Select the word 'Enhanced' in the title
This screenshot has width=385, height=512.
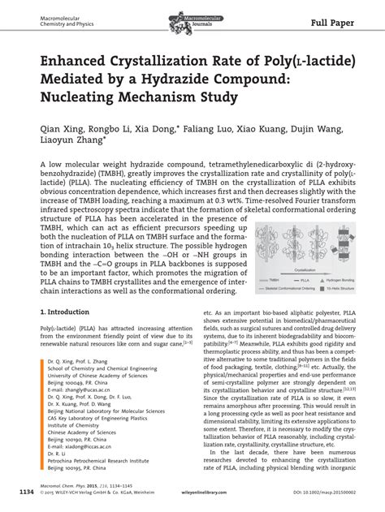tap(68, 61)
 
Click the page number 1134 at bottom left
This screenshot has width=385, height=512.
tap(27, 492)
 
